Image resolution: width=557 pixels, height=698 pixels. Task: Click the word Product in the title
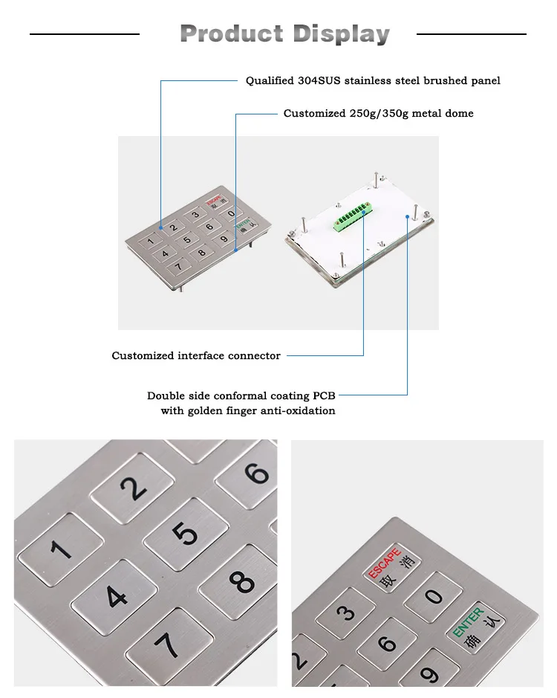[x=232, y=34]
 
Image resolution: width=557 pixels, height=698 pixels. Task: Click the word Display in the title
[x=341, y=34]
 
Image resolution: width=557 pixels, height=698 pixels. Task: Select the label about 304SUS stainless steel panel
[x=373, y=80]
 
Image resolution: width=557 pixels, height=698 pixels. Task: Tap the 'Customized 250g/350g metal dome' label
[x=378, y=114]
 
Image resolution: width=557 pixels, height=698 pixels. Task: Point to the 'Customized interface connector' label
[x=196, y=356]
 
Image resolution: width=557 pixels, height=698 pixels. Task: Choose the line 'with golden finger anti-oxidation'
[x=248, y=411]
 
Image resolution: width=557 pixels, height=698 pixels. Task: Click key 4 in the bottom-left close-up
[x=116, y=595]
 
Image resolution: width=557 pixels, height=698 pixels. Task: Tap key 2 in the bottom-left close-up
[x=133, y=488]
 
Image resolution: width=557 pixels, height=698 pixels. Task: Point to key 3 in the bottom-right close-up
[x=345, y=613]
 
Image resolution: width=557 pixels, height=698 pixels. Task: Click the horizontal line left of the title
[x=84, y=34]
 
